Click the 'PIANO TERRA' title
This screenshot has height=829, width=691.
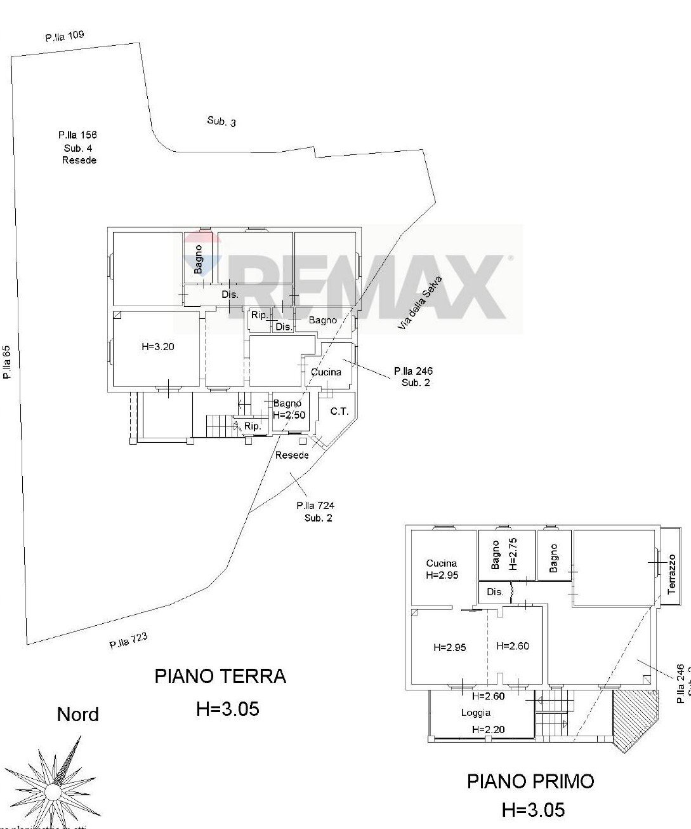pos(220,676)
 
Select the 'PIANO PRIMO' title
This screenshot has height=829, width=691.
pos(530,781)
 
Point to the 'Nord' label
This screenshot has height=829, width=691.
pos(78,715)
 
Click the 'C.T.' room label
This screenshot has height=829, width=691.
pos(339,412)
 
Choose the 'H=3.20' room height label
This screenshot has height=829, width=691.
pos(157,347)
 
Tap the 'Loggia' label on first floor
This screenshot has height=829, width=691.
pos(475,713)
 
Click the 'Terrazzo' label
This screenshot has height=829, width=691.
pos(672,574)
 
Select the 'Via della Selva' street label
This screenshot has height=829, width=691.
pos(419,302)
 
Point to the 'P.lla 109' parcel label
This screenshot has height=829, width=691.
pos(65,36)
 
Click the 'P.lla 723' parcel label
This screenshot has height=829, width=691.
pos(129,642)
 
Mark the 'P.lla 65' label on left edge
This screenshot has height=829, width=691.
pos(7,361)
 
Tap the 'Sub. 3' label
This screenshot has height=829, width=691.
pos(221,121)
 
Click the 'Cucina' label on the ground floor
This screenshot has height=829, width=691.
pos(326,372)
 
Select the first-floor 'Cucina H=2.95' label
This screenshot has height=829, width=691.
pos(442,569)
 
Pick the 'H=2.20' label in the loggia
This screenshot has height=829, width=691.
pos(489,729)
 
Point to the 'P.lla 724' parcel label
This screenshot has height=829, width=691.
pos(315,506)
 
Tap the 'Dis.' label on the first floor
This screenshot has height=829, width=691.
pos(495,592)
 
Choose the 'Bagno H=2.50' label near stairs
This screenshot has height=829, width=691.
pos(288,409)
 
